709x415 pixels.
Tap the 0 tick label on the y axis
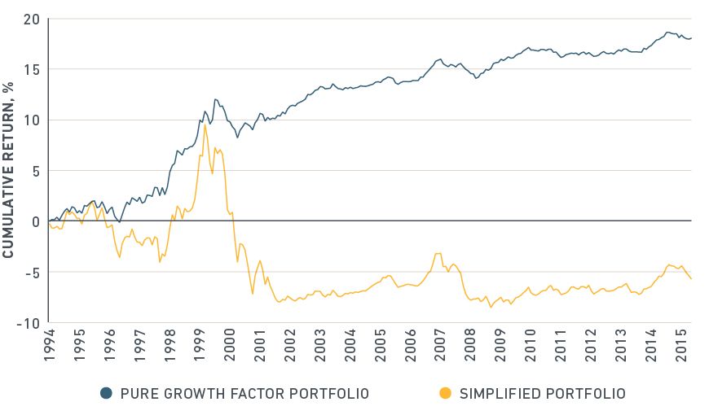pyautogui.click(x=33, y=221)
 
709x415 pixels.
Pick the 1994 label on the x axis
pyautogui.click(x=49, y=343)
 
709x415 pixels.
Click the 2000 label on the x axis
pyautogui.click(x=228, y=343)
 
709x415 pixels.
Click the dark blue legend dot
pyautogui.click(x=106, y=394)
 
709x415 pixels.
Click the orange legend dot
pyautogui.click(x=444, y=394)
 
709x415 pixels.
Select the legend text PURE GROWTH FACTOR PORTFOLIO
pyautogui.click(x=244, y=394)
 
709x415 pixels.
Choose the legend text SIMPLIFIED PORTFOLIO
pyautogui.click(x=543, y=394)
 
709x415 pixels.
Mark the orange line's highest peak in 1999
pyautogui.click(x=205, y=124)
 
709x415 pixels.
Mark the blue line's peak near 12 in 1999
pyautogui.click(x=215, y=99)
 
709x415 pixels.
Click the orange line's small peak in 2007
pyautogui.click(x=438, y=253)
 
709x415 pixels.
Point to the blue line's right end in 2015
pyautogui.click(x=691, y=38)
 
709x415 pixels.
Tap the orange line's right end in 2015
pyautogui.click(x=691, y=279)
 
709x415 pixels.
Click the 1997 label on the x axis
pyautogui.click(x=139, y=343)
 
